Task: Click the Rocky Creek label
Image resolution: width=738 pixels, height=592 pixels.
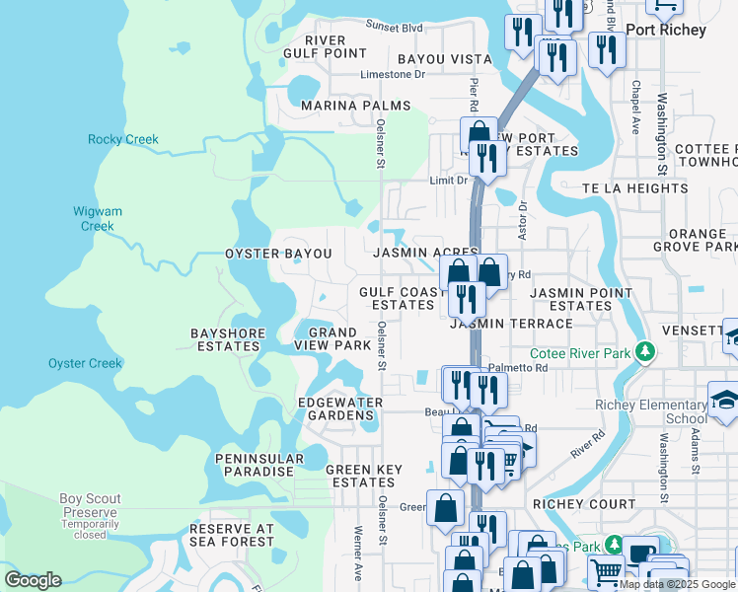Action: coord(123,139)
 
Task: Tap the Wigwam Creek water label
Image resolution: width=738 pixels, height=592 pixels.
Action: coord(97,218)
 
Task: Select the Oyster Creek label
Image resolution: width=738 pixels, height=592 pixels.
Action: coord(85,363)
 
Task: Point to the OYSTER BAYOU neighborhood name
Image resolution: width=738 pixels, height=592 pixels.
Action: coord(278,254)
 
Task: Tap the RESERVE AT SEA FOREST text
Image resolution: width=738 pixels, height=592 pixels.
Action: coord(231,535)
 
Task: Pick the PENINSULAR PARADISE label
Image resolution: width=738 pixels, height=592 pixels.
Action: coord(255,466)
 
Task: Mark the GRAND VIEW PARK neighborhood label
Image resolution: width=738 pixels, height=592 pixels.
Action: coord(332,339)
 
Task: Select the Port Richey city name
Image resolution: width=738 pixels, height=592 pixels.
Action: coord(666,30)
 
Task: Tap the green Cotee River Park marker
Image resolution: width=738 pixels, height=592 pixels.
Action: coord(645,352)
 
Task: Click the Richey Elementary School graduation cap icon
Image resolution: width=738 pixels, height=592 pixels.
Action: coord(724,403)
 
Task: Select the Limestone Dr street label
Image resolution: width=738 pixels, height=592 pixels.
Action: coord(392,74)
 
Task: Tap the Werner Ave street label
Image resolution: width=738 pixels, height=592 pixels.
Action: coord(358,557)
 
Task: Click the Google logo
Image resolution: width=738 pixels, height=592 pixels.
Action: coord(34,580)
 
